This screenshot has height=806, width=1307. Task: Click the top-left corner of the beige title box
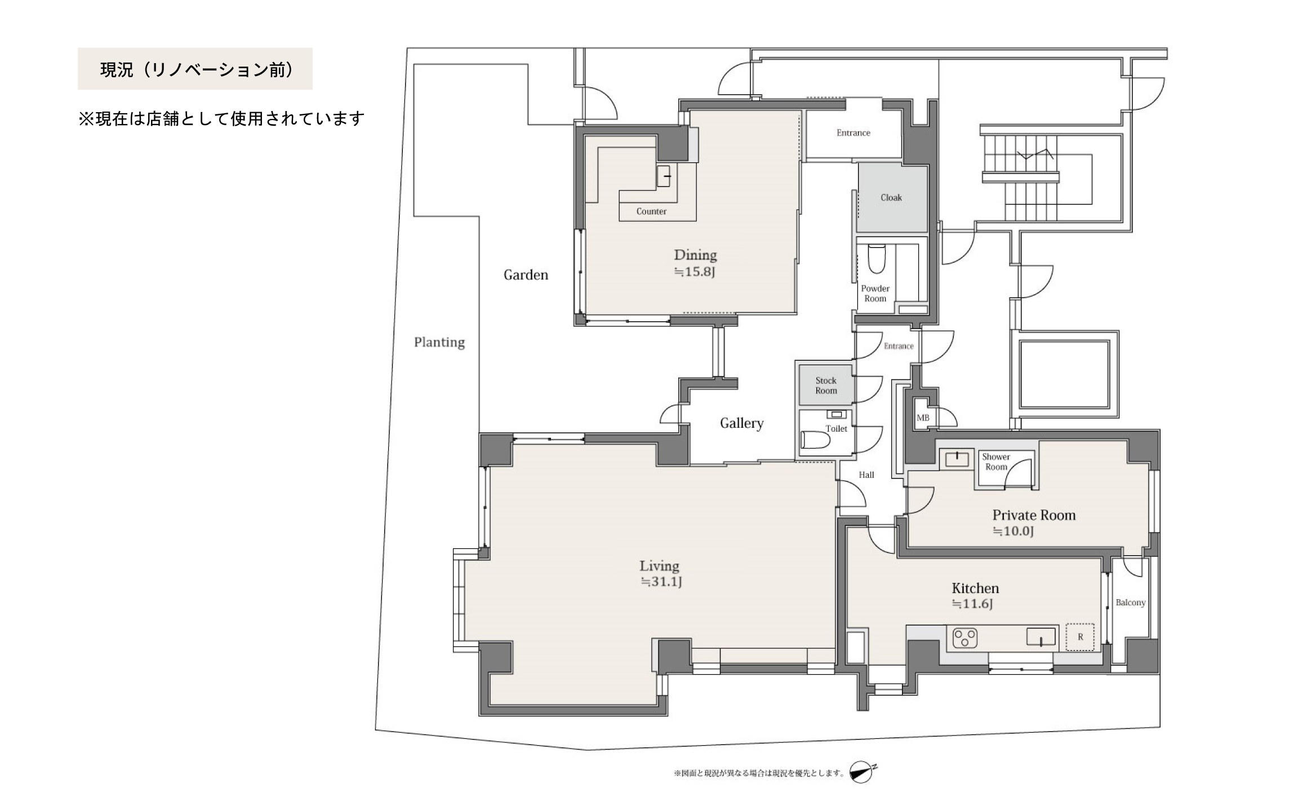click(78, 48)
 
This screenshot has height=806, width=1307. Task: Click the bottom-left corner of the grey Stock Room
click(799, 404)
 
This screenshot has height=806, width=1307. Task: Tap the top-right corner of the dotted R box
click(1094, 623)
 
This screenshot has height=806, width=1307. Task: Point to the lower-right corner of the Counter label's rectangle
click(696, 220)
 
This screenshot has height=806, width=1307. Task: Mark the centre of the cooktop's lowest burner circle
click(965, 643)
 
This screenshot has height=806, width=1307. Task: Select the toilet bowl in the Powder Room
click(877, 259)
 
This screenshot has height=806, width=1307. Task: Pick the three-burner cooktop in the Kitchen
click(964, 638)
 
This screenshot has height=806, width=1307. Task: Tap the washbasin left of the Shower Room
click(957, 459)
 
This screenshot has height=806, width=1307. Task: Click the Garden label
click(526, 275)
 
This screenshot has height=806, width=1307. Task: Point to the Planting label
click(439, 343)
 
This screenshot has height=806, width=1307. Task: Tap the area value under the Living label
click(661, 582)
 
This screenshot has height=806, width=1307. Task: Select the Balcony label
click(1131, 603)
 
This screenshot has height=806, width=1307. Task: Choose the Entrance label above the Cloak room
click(853, 133)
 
